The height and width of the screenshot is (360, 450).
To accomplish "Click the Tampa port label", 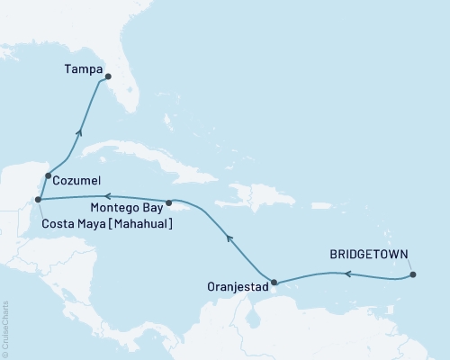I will pyautogui.click(x=81, y=67).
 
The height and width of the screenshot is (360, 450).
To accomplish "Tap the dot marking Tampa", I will pyautogui.click(x=108, y=76).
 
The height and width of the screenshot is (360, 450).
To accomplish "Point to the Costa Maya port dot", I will pyautogui.click(x=37, y=200).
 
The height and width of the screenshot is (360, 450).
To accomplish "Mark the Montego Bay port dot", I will pyautogui.click(x=169, y=202).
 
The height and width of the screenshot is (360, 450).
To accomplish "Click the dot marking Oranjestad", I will pyautogui.click(x=274, y=281).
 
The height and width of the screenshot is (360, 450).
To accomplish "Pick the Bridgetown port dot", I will pyautogui.click(x=413, y=274).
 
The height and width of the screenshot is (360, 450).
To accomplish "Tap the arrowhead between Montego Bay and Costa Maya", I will pyautogui.click(x=105, y=196).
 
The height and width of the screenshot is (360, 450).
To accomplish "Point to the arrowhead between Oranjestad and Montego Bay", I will pyautogui.click(x=229, y=239).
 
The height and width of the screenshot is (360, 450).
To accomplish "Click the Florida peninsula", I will pyautogui.click(x=126, y=90).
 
